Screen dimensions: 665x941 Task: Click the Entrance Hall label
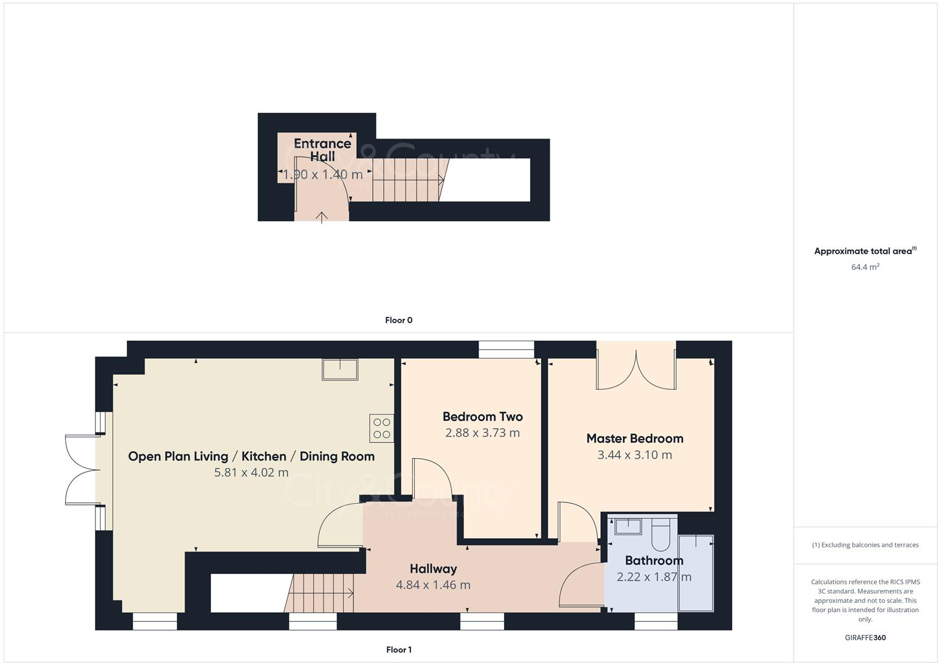point(322,150)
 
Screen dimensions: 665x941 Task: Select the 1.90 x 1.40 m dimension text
point(322,174)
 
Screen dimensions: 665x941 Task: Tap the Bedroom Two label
point(483,417)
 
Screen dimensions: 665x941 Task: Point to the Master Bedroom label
point(635,438)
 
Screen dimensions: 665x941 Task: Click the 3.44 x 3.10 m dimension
point(635,455)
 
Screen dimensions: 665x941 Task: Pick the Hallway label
point(433,568)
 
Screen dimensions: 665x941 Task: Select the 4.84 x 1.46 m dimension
point(433,585)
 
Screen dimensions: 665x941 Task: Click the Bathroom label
point(654,560)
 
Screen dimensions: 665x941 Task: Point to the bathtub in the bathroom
point(696,573)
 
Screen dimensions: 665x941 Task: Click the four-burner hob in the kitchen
point(381,428)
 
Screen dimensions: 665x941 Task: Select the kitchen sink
point(340,369)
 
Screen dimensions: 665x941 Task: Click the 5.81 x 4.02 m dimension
point(251,473)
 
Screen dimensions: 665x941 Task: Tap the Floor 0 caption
point(399,320)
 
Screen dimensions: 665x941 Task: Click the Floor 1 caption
point(399,650)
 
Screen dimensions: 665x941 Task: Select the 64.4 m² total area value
point(865,267)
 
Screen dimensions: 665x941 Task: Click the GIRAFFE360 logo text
point(865,638)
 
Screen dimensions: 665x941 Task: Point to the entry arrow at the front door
point(322,217)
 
